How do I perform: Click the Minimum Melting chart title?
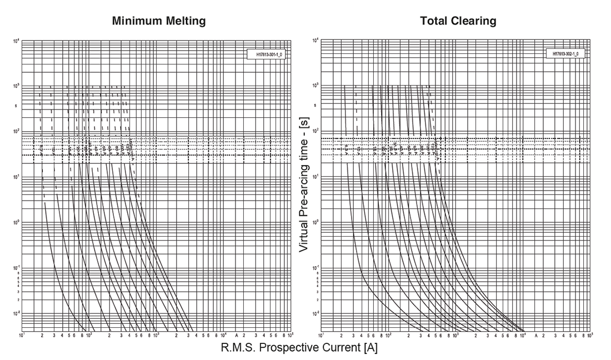(x=159, y=21)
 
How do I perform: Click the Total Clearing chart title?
(x=458, y=21)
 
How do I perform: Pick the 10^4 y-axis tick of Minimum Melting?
(x=17, y=41)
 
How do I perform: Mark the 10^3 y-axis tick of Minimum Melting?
(x=17, y=86)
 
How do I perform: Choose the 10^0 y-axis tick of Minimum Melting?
(x=17, y=222)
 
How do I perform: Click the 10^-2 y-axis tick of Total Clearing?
(x=315, y=313)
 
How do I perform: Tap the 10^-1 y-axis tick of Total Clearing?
(x=315, y=268)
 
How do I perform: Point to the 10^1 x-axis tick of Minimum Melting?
(x=22, y=336)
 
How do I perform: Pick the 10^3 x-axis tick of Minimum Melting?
(x=157, y=336)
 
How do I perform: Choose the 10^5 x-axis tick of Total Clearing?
(x=589, y=336)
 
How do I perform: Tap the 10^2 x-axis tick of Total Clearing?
(x=388, y=336)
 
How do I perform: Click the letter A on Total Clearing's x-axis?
(x=536, y=336)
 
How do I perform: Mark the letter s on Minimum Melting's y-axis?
(x=17, y=105)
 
